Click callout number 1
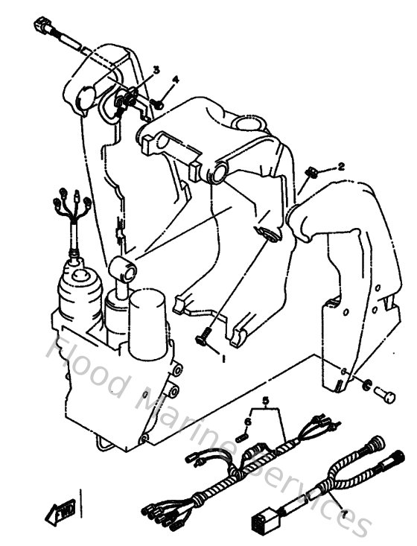(x=222, y=358)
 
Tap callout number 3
(x=156, y=70)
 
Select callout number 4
(x=176, y=79)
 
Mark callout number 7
(x=344, y=514)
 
